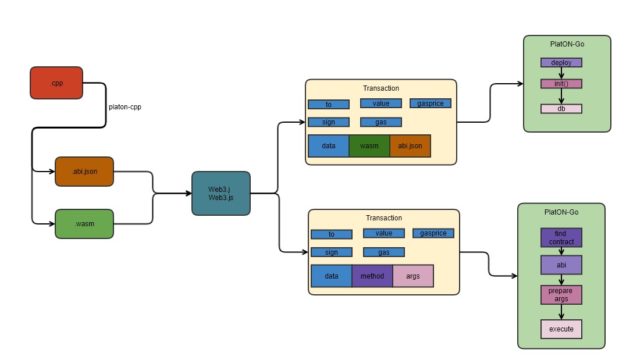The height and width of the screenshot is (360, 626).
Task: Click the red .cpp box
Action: click(x=56, y=83)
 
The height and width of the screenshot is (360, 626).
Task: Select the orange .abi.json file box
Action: click(x=84, y=172)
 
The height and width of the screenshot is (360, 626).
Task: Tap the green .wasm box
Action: click(x=84, y=224)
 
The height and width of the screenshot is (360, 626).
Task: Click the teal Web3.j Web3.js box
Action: click(x=221, y=194)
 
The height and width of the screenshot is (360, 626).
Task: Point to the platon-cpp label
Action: click(x=125, y=107)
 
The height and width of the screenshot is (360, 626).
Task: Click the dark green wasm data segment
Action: click(x=369, y=146)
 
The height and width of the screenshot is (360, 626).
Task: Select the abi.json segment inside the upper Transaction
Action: click(x=410, y=146)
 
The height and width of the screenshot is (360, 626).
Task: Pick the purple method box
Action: click(x=372, y=276)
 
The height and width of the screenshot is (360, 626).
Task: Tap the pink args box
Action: click(x=413, y=276)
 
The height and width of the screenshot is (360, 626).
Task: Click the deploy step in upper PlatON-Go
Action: click(x=561, y=62)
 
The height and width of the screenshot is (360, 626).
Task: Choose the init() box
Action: click(x=561, y=84)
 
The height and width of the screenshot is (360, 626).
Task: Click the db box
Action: click(x=561, y=109)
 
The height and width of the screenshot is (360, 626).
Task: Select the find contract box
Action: click(x=561, y=237)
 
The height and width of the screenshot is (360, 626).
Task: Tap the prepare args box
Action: click(x=561, y=295)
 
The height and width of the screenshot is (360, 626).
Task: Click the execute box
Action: click(x=561, y=329)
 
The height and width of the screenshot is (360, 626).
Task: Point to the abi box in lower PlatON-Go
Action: click(x=561, y=265)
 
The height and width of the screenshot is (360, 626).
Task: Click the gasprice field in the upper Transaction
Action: click(x=431, y=104)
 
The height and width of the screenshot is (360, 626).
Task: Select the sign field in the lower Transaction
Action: click(x=332, y=252)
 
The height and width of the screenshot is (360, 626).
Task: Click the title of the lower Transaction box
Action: click(x=384, y=218)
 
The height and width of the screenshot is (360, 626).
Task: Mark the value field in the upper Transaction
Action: click(x=381, y=104)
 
